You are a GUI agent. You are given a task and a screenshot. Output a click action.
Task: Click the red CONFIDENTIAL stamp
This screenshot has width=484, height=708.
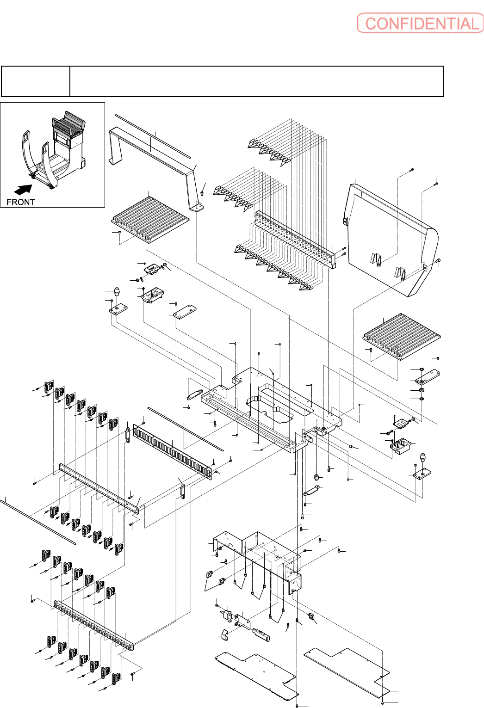click(x=420, y=23)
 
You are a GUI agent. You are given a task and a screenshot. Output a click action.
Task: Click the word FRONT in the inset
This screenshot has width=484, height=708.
click(x=20, y=202)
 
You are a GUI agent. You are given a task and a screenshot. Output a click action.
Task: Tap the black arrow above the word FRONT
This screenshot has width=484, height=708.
click(x=24, y=189)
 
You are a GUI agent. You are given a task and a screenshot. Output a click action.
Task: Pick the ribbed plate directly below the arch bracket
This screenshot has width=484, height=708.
click(x=150, y=220)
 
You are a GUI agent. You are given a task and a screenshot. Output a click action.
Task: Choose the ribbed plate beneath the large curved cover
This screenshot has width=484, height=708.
click(x=402, y=337)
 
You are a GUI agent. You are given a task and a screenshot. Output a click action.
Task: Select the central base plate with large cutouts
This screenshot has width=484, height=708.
click(x=272, y=410)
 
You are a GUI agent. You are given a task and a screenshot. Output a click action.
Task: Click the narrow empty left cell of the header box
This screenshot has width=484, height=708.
click(x=36, y=81)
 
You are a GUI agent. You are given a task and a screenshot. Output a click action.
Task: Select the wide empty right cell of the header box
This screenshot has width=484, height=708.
click(x=256, y=81)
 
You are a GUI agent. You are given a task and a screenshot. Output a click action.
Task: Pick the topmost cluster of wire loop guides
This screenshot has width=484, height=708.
click(x=269, y=152)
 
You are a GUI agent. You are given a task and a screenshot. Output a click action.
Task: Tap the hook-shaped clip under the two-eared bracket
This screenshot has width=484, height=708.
click(x=225, y=634)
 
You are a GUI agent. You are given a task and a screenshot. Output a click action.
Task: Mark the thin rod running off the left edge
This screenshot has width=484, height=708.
click(x=38, y=522)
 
